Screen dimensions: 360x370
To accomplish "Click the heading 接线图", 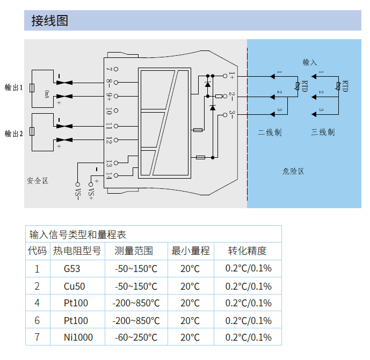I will (x=50, y=21).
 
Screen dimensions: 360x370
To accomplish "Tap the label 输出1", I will (x=13, y=87).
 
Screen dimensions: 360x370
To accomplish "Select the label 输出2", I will (x=13, y=133).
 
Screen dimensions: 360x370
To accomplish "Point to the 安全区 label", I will (x=38, y=181).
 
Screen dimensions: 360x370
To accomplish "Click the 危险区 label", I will (x=293, y=171).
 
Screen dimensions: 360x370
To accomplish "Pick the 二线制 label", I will (x=270, y=133).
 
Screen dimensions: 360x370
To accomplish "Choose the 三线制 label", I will (x=323, y=133).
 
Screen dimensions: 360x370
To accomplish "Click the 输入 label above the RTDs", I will (x=310, y=63).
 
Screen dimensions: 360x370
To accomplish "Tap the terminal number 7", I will (x=109, y=69).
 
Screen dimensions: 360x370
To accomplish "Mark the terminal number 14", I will (x=109, y=175).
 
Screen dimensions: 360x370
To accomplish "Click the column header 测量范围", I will (x=134, y=251).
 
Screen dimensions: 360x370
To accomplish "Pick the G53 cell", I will (x=72, y=269).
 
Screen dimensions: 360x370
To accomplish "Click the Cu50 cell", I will (x=75, y=286).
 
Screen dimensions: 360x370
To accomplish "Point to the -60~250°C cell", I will (x=136, y=337).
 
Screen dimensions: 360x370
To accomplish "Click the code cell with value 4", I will (x=37, y=303).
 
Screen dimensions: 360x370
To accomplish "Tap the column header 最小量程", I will (x=190, y=251).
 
